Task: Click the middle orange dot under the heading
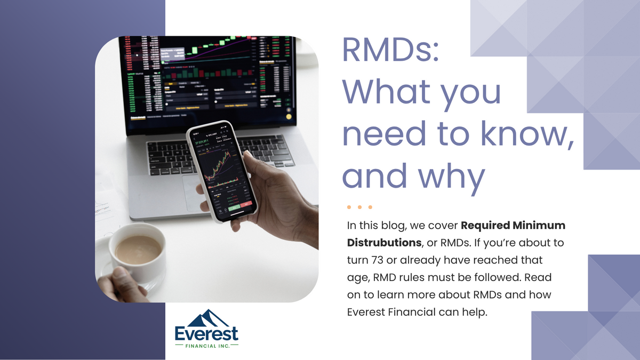coord(359,207)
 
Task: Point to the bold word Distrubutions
coord(383,243)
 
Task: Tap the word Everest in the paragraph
coord(367,312)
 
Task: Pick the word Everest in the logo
coord(206,335)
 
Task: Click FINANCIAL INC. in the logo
coord(207,347)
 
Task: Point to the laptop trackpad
coord(200,192)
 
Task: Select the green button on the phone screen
coord(233,205)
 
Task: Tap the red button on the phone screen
coord(246,203)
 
